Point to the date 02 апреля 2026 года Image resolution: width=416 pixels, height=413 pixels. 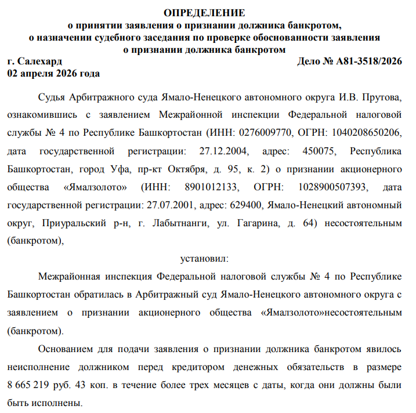[x=53, y=74]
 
